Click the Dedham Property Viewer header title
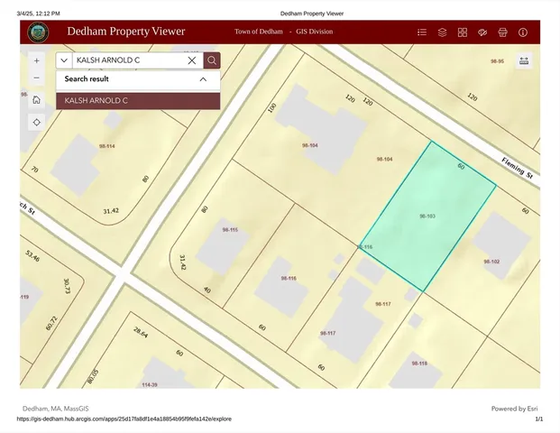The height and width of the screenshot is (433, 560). [125, 32]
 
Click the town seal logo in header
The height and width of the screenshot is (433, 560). [39, 32]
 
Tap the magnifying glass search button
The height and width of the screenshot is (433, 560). [212, 60]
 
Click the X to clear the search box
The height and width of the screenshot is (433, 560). [192, 60]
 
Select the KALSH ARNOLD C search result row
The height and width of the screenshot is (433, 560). [138, 100]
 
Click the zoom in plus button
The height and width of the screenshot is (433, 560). [36, 60]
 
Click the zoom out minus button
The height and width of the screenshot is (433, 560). [36, 78]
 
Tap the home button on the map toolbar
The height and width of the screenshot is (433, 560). [36, 100]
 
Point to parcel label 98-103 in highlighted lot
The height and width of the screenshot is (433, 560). [427, 216]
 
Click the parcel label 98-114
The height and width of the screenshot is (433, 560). [107, 145]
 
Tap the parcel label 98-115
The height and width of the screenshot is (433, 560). [231, 230]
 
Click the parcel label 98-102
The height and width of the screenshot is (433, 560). [491, 262]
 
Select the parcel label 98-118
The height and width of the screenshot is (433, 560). [419, 363]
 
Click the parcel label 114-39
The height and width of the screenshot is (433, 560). [150, 383]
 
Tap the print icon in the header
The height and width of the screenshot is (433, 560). [502, 32]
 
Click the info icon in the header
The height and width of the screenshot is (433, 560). [523, 32]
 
